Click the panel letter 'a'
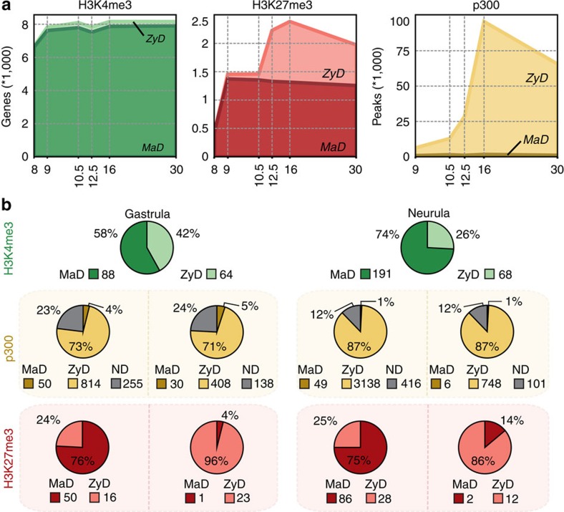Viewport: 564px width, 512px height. (x=6, y=6)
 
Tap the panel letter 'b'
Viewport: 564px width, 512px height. (x=6, y=203)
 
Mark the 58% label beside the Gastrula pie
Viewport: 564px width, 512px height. (x=104, y=233)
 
